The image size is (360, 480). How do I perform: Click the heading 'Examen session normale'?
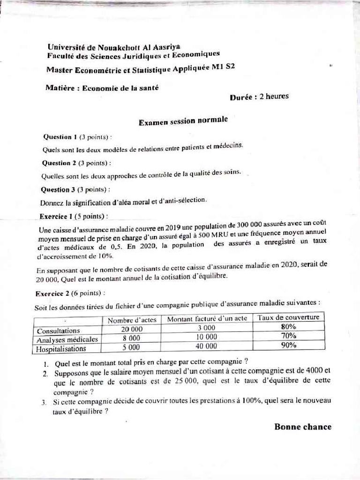coord(183,121)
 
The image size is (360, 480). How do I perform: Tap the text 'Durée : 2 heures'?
coord(259,97)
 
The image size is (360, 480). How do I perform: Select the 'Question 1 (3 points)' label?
coord(77,137)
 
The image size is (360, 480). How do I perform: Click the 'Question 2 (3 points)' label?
coord(77,163)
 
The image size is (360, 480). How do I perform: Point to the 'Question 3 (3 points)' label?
coord(76,189)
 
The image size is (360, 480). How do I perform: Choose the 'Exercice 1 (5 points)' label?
coord(74,217)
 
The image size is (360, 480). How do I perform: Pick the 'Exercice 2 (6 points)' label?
coord(70,293)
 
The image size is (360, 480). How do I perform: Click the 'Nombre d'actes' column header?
coord(132,320)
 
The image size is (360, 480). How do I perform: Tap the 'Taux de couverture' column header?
coord(288,317)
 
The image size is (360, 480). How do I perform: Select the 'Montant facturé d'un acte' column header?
coord(207,319)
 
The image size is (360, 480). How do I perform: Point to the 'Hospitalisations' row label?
coord(61,349)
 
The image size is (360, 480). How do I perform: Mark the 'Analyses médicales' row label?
coord(67,340)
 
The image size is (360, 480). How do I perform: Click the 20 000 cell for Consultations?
coord(131,330)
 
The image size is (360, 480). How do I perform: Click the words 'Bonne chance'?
coord(302,427)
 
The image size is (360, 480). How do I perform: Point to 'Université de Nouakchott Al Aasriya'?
coord(114,47)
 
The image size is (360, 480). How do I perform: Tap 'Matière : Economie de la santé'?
coord(102,88)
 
